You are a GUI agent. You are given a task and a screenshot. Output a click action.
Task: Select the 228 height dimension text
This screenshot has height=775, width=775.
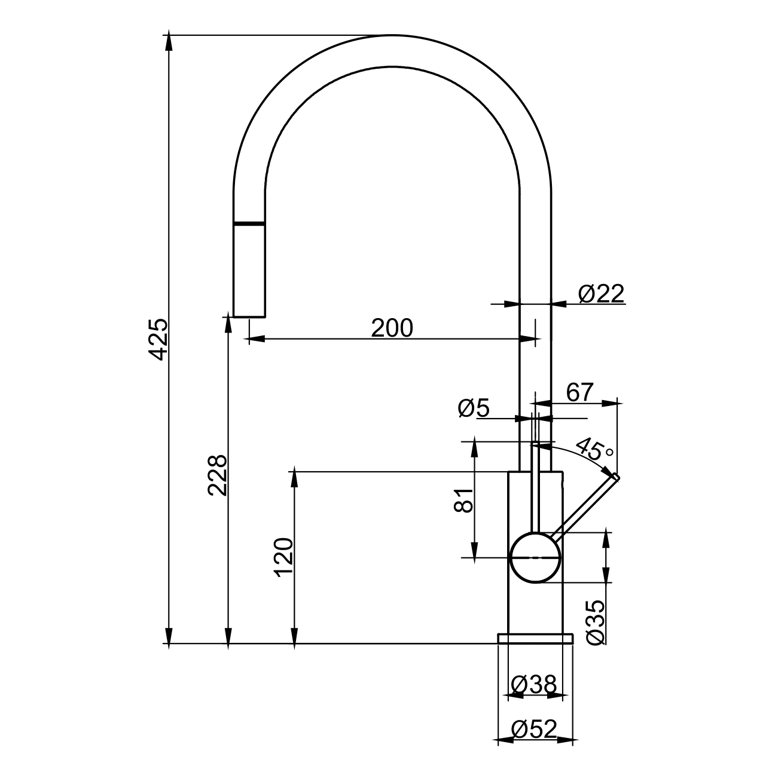218,475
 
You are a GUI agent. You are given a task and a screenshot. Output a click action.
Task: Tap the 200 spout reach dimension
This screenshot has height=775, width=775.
392,328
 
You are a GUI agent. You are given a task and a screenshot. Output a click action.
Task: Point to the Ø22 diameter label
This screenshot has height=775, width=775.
601,294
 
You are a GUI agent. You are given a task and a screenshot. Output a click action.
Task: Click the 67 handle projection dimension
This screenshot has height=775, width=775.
579,392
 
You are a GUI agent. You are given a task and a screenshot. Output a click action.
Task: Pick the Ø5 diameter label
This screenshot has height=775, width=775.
474,409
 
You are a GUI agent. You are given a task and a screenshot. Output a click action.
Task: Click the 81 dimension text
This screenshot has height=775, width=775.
463,501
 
